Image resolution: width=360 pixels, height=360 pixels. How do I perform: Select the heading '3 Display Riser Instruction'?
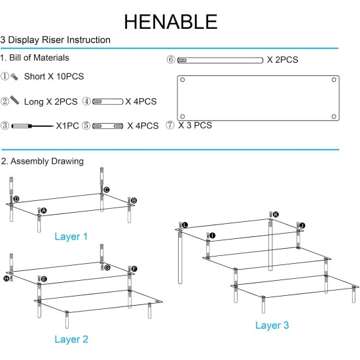click(x=56, y=40)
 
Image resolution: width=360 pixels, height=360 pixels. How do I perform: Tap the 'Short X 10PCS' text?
click(x=54, y=77)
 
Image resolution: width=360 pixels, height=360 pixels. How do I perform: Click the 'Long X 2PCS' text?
click(x=51, y=101)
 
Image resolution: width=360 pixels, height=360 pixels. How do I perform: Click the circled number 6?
click(x=171, y=60)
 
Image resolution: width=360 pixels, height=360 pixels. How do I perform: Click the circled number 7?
click(x=171, y=124)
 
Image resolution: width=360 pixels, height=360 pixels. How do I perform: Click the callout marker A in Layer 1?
click(x=44, y=211)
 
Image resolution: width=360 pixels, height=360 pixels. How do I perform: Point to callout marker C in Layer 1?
click(x=106, y=190)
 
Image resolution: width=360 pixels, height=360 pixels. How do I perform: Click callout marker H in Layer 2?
click(x=7, y=278)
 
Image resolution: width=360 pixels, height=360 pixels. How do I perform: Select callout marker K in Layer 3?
click(x=276, y=215)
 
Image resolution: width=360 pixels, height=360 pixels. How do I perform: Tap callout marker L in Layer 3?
click(x=185, y=225)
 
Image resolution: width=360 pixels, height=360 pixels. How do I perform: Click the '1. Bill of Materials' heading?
click(x=35, y=58)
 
